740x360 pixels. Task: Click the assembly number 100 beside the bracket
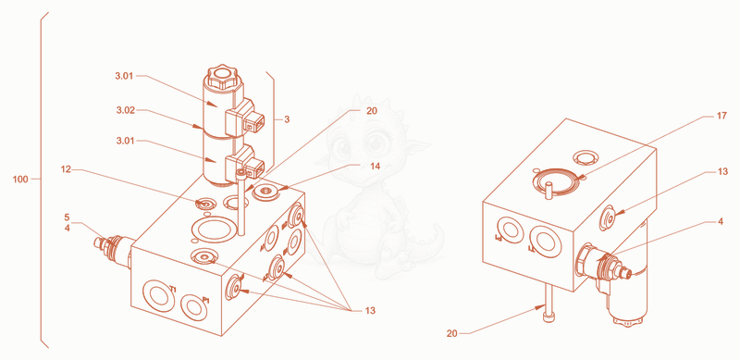21,179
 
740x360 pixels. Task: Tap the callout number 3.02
126,110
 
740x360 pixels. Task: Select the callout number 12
66,169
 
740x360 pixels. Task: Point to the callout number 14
375,166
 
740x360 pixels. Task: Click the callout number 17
721,116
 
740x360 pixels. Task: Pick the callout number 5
67,217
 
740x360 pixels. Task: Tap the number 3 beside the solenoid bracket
287,119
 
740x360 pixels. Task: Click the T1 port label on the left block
173,289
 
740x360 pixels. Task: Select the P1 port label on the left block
205,299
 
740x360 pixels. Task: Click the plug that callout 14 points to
265,192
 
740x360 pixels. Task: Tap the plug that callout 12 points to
204,205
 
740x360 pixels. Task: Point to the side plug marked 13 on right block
609,217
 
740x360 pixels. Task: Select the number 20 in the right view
452,333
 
